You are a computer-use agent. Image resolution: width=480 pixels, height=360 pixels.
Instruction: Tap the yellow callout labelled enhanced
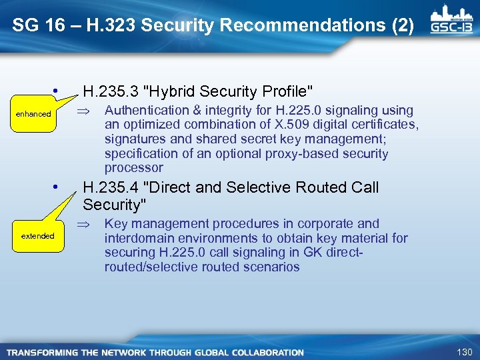coord(33,114)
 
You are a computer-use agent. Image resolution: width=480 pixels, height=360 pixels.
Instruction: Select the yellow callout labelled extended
coord(38,236)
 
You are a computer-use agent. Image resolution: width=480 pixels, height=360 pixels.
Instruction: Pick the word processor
coord(133,168)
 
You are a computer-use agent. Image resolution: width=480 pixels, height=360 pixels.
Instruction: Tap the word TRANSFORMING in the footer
coord(39,353)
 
